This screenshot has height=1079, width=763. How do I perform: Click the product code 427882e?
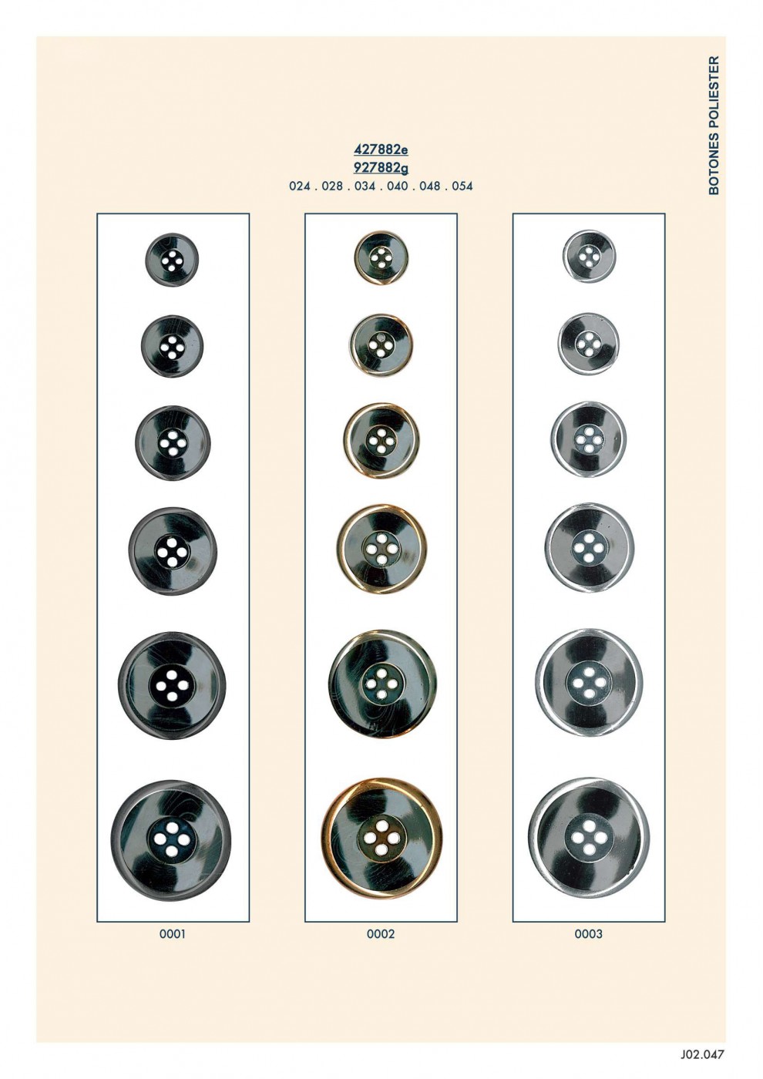coord(381,150)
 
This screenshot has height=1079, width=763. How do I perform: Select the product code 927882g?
coord(381,167)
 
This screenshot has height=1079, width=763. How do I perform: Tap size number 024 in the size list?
coord(299,186)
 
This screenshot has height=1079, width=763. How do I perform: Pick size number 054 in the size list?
coord(462,186)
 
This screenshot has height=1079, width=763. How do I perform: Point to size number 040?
coord(397,186)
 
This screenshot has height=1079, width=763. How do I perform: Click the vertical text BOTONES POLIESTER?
coord(714,125)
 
